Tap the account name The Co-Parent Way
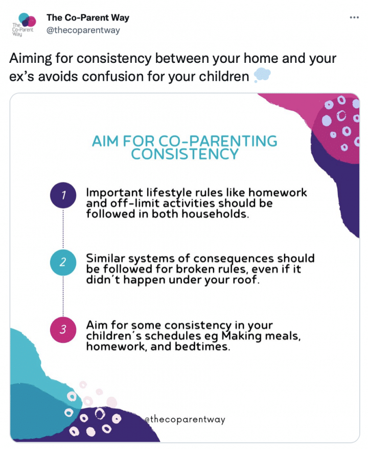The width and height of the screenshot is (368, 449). coord(88,17)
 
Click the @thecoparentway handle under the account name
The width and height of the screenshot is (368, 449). coord(83,30)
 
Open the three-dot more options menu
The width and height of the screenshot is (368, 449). coord(354,17)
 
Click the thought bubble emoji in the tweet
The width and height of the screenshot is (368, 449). coord(262,75)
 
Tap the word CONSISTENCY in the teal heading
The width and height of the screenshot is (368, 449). coord(185,154)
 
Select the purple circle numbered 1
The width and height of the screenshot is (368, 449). coord(63,195)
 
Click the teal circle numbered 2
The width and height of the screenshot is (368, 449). coord(63,262)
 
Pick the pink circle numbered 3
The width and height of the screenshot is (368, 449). coord(63,329)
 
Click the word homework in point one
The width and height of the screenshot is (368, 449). coord(278,193)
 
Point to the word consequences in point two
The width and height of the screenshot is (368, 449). coord(234,259)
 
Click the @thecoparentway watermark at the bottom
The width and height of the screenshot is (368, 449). coord(185,419)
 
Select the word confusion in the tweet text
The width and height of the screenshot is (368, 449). coord(110,77)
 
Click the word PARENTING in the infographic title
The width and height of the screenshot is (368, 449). coord(233,141)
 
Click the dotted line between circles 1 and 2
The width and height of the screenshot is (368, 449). coord(63,229)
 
